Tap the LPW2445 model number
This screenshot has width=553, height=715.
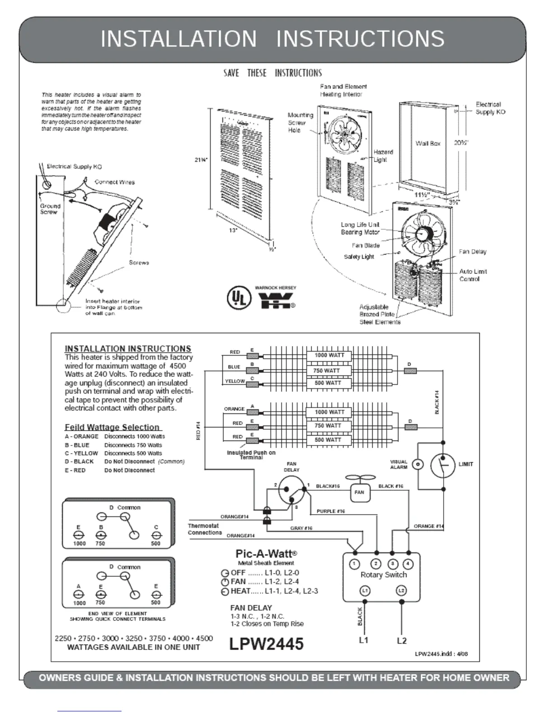tap(266, 644)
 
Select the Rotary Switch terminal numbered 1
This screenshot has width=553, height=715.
tap(355, 564)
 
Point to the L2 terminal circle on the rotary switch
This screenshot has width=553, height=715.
tap(401, 590)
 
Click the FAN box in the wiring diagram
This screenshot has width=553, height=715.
tap(359, 492)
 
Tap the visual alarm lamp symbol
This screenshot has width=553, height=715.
tap(418, 464)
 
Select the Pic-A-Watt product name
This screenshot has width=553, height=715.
tap(266, 553)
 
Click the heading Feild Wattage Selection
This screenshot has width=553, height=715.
tap(112, 427)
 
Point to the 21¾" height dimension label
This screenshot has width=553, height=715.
tap(201, 160)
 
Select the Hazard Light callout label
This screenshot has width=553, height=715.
tap(383, 156)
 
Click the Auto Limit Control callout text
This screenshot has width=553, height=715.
tap(473, 275)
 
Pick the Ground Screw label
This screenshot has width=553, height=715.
tap(50, 209)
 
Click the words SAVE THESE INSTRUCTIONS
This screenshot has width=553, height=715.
tap(272, 73)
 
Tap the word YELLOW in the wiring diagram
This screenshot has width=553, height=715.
tap(234, 381)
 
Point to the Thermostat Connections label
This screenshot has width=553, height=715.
tap(204, 529)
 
